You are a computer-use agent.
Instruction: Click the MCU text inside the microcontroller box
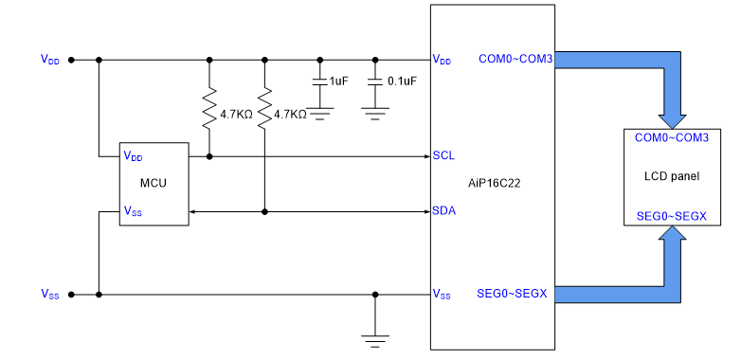[x=154, y=183]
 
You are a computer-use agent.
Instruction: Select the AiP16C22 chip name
[x=491, y=184]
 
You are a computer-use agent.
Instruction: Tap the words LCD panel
[x=672, y=177]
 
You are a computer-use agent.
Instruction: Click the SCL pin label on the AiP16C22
[x=443, y=155]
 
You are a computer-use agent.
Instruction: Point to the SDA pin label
[x=444, y=210]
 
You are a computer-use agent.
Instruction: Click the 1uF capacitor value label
[x=338, y=81]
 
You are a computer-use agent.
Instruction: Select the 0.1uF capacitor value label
[x=402, y=81]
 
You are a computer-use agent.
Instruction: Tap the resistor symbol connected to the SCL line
[x=209, y=108]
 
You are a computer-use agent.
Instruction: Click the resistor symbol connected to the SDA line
[x=264, y=108]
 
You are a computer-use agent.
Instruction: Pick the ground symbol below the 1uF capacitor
[x=320, y=114]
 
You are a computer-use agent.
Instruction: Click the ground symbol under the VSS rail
[x=375, y=341]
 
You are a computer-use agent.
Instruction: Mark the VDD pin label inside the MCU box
[x=133, y=156]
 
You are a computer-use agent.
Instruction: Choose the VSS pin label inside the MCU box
[x=133, y=210]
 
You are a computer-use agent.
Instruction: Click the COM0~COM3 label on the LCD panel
[x=671, y=137]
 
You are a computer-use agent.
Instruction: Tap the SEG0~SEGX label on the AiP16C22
[x=513, y=294]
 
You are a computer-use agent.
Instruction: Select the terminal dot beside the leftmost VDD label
[x=71, y=60]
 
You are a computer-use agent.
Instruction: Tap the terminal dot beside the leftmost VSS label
[x=71, y=295]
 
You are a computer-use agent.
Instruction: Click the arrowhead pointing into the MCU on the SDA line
[x=191, y=211]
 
